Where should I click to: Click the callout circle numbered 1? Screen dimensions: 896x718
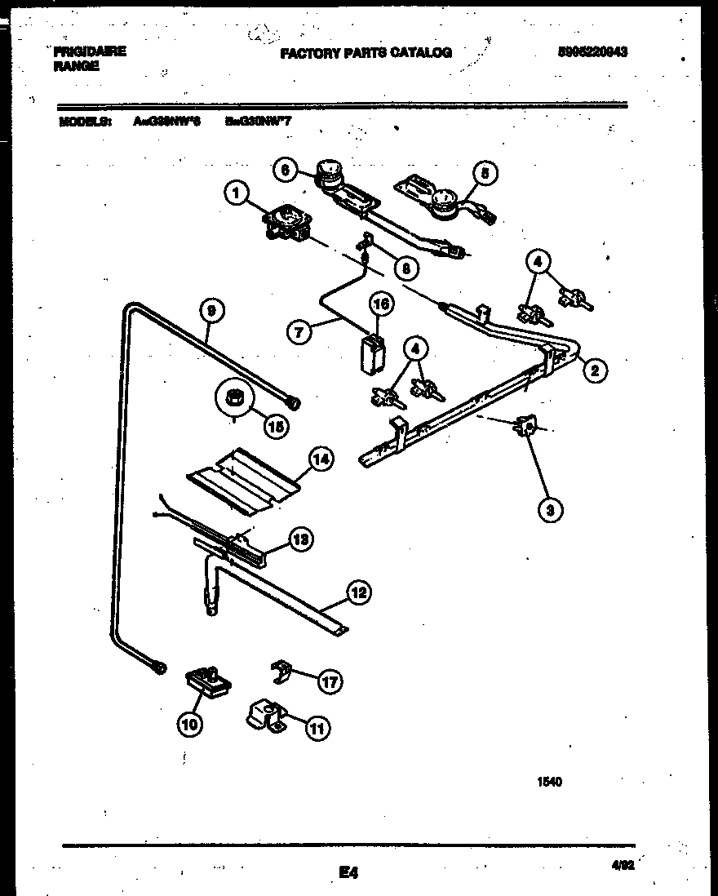(235, 193)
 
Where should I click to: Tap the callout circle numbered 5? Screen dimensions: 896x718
(485, 174)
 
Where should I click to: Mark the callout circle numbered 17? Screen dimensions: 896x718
(329, 682)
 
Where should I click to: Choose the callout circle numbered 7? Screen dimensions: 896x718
(301, 332)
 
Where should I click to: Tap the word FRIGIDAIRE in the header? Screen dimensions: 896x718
(90, 51)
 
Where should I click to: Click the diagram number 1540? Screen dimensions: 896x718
(550, 781)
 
